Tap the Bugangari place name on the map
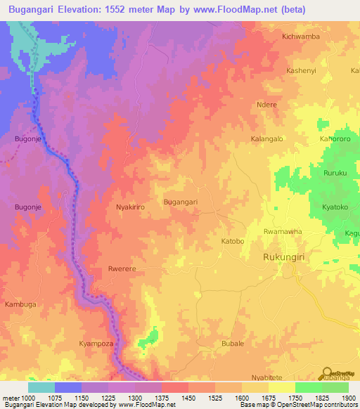coord(180,202)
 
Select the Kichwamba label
coord(300,36)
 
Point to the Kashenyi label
coord(303,72)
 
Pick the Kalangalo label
coord(267,139)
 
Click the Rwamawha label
coord(282,231)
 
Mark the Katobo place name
coord(233,241)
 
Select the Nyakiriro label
coord(129,208)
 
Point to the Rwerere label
coord(122,269)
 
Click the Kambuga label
coord(20,304)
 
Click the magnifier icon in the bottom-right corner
coord(327,373)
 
